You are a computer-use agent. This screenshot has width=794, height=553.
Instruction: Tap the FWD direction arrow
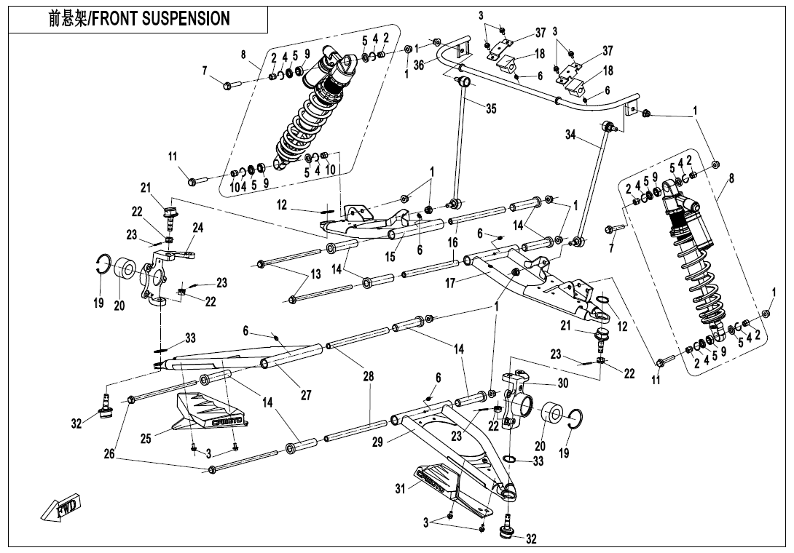[62, 507]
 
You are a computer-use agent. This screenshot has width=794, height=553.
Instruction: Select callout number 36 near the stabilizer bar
[419, 65]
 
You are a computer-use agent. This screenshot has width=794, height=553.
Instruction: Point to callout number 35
[491, 108]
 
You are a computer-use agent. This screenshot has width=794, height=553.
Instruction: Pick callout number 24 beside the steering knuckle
[197, 228]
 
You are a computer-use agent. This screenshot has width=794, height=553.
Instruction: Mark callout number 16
[453, 242]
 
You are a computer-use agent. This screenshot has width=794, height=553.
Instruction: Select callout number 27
[306, 395]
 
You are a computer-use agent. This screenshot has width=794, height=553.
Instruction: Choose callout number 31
[399, 489]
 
